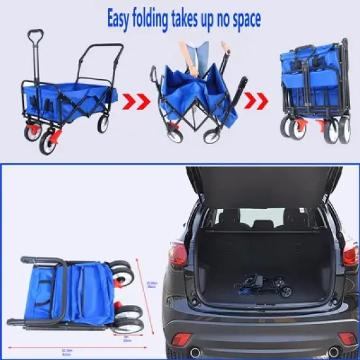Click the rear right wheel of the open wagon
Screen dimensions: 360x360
[103, 124]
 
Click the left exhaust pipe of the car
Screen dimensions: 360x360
[194, 353]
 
